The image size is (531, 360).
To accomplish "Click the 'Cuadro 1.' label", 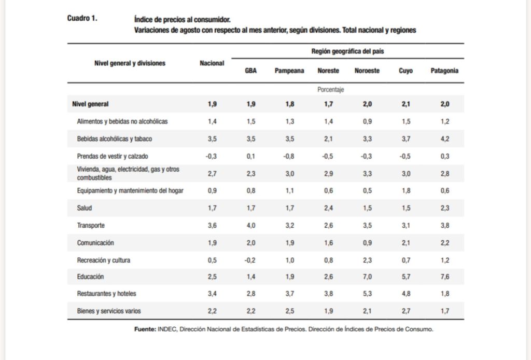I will [x=82, y=19].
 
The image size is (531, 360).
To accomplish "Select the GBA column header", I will [x=250, y=71].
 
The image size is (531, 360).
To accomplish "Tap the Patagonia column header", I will [x=444, y=71].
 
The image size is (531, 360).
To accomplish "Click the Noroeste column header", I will [x=367, y=71].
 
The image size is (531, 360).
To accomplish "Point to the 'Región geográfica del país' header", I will [x=347, y=51].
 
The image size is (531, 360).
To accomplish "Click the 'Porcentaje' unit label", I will [x=331, y=90].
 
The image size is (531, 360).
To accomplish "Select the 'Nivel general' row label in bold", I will [x=90, y=104].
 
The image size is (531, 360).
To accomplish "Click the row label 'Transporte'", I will [x=91, y=226].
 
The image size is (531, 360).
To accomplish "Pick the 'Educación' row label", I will [x=90, y=277].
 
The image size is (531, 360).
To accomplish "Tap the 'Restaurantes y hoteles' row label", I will [x=106, y=294].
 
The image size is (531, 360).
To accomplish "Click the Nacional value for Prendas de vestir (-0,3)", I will [x=212, y=156].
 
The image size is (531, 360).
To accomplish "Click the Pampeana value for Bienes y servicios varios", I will [x=289, y=311].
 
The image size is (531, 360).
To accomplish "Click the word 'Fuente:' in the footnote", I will [x=145, y=329].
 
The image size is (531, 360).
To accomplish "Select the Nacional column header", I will [x=212, y=63].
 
